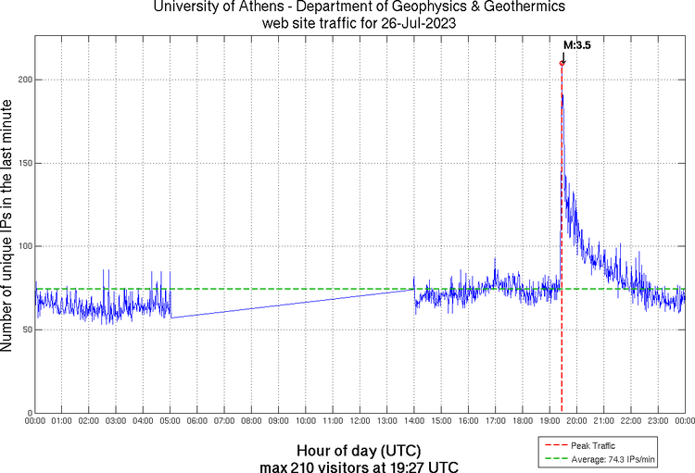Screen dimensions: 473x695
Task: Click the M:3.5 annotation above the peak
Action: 577,44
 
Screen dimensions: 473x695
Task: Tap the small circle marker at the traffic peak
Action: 562,63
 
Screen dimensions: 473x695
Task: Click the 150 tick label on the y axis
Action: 25,163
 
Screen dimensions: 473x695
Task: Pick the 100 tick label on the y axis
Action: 25,246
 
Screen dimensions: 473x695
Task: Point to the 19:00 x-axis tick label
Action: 550,421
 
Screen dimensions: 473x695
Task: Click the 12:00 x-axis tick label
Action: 360,421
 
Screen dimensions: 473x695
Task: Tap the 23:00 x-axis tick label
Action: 658,421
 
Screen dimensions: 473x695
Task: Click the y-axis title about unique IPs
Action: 8,228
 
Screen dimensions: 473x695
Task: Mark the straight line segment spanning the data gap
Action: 292,304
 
